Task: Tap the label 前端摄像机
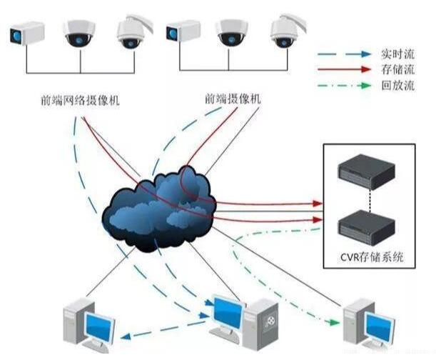pyautogui.click(x=232, y=99)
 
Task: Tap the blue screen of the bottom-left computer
pyautogui.click(x=99, y=327)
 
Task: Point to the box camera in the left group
pyautogui.click(x=28, y=34)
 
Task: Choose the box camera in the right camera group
pyautogui.click(x=183, y=32)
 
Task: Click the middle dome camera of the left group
pyautogui.click(x=78, y=33)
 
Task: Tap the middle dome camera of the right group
pyautogui.click(x=232, y=32)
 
